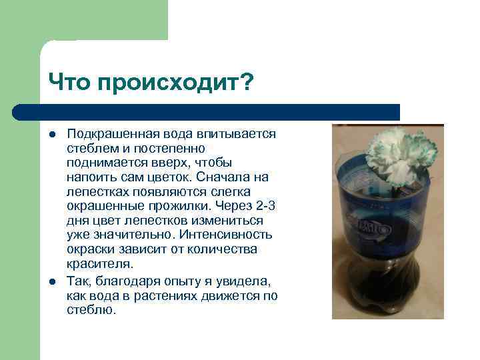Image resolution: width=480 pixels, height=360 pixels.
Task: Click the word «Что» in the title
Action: pos(69,83)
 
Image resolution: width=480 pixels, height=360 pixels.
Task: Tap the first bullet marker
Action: pos(51,133)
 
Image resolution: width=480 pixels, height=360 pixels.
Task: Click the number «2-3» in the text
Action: pos(265,206)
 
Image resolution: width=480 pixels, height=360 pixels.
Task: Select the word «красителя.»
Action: pos(95,264)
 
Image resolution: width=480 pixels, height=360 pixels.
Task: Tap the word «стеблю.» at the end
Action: pos(91,311)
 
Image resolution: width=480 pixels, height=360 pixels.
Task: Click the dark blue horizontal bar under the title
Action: pos(207,112)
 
